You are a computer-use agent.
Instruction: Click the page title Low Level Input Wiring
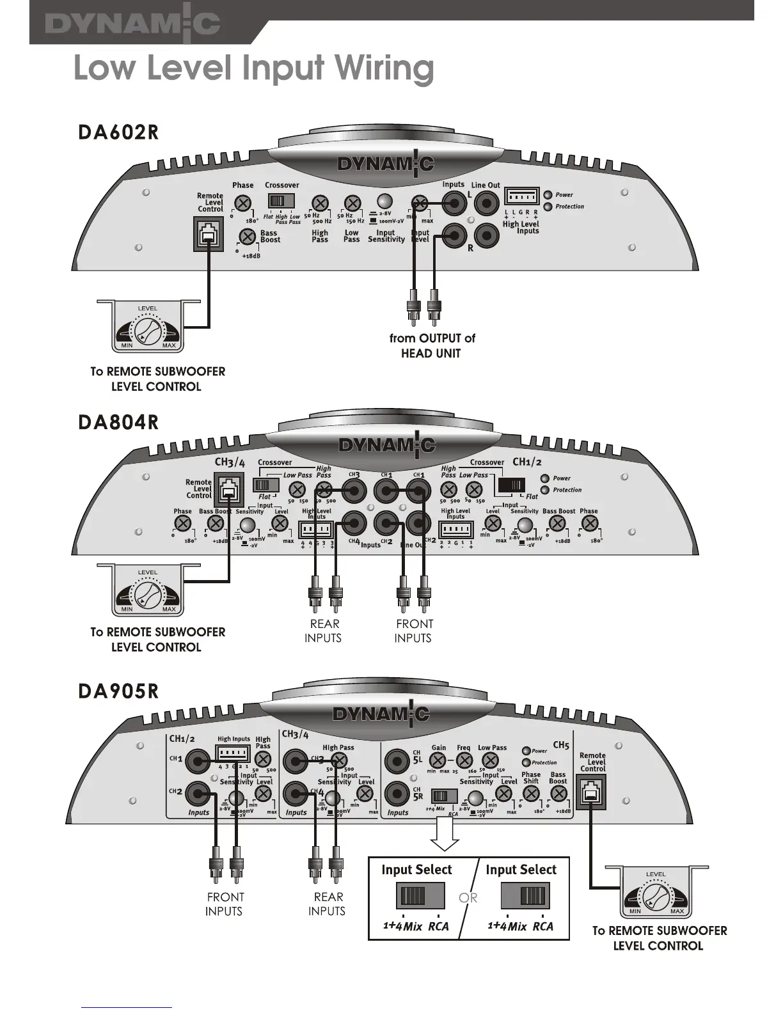253,68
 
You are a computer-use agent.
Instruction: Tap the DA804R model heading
118,422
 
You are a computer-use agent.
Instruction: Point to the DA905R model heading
118,691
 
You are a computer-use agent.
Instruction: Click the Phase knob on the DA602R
242,203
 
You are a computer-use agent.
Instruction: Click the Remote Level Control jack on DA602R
207,233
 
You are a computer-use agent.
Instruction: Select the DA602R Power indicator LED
548,194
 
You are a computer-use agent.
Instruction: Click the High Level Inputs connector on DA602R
521,196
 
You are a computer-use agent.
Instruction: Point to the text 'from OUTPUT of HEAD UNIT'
432,345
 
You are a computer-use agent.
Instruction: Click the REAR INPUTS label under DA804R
324,631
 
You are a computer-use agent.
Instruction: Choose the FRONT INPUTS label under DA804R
413,631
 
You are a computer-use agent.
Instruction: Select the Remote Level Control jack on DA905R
592,792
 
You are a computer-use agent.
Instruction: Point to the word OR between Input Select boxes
468,897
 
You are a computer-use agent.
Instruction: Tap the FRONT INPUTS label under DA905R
225,904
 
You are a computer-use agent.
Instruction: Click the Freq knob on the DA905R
464,761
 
